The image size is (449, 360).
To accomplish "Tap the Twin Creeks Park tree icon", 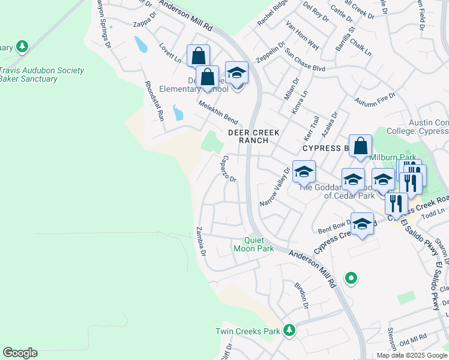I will pyautogui.click(x=289, y=330).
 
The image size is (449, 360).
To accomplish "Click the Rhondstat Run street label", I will pyautogui.click(x=152, y=101).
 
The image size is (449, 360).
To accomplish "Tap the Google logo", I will pyautogui.click(x=20, y=353).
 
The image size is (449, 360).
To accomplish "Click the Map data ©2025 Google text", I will pyautogui.click(x=412, y=355).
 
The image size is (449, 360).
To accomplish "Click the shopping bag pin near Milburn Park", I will pyautogui.click(x=360, y=146).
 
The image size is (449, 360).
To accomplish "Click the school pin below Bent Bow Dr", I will pyautogui.click(x=362, y=225).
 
